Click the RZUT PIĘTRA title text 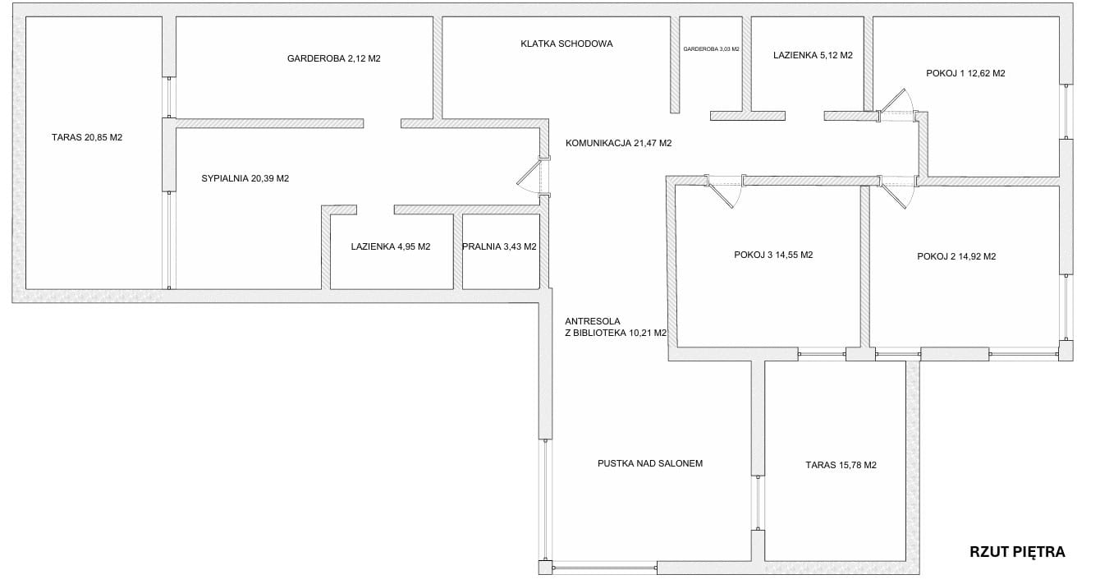1017,552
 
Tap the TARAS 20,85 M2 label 87,137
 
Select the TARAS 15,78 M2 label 841,465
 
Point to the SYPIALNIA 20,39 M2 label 245,179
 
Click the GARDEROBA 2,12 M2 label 334,59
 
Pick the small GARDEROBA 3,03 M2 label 711,49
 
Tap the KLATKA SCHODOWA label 566,44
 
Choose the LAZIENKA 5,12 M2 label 813,56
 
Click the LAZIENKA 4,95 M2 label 391,246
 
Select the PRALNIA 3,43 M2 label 499,246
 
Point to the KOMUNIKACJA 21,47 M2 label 618,144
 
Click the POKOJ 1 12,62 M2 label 965,74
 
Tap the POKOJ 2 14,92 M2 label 956,256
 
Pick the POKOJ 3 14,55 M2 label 773,255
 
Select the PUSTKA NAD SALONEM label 649,463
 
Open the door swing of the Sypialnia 528,177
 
